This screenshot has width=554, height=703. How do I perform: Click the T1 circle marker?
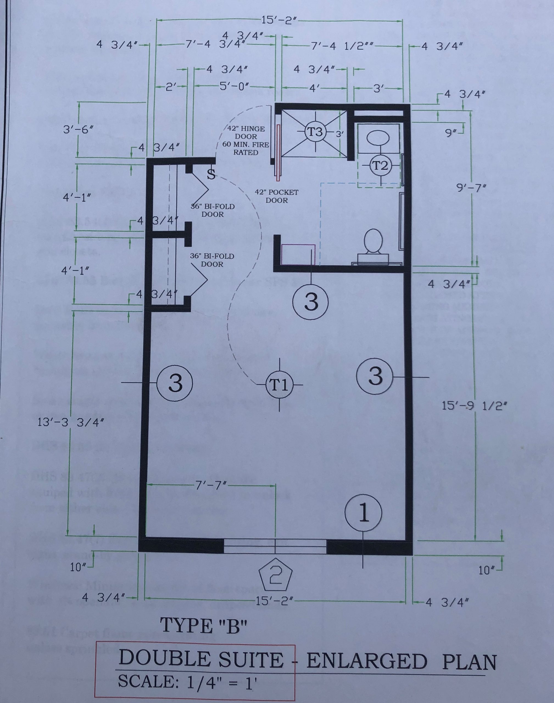279,385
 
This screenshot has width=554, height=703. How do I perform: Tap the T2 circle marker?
380,166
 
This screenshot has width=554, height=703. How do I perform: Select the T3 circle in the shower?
314,132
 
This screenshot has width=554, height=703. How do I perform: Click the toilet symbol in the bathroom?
373,243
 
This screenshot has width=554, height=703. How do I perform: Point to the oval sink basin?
378,138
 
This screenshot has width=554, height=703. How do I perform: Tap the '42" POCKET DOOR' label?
276,196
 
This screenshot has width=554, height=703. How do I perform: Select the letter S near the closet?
211,174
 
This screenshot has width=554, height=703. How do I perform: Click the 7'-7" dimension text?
212,486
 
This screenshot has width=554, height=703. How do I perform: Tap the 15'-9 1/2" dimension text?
474,406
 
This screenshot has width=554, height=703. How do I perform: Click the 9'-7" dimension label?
471,188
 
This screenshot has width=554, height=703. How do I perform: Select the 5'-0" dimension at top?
234,87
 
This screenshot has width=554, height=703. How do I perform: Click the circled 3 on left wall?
175,384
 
